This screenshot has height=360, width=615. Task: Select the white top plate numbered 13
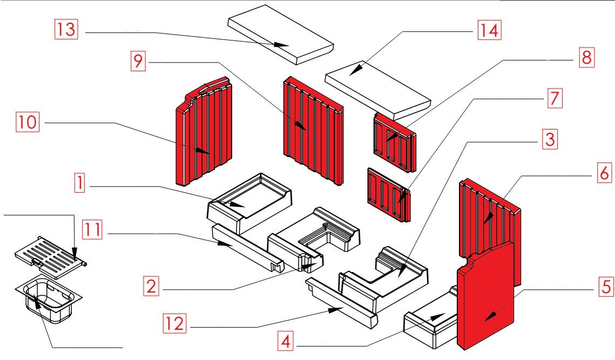(281, 35)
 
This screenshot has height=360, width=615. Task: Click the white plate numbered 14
(378, 92)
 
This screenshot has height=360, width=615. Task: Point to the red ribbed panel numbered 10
(202, 135)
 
